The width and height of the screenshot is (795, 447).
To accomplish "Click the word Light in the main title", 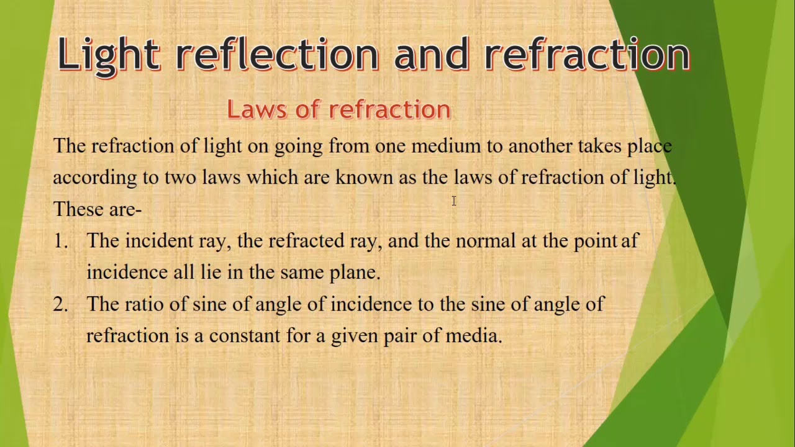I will tap(109, 55).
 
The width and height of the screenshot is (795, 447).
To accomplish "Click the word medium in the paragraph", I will tap(446, 147).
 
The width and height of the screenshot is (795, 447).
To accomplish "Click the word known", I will tap(364, 178).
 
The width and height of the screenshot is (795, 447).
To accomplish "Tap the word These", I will tap(79, 209).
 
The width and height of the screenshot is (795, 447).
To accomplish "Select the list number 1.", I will tap(60, 241).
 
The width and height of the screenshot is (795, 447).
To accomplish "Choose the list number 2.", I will tap(60, 304).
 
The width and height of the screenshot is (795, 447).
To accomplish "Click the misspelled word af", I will tap(630, 241).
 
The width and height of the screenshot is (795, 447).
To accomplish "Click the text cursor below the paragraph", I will tap(454, 201).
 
